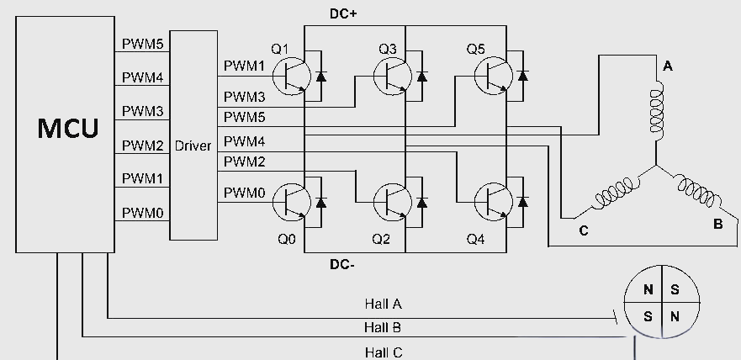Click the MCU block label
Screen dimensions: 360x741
(x=67, y=129)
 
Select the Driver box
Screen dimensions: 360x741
(x=193, y=145)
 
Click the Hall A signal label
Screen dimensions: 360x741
(x=383, y=303)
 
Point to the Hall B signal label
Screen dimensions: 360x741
(x=383, y=327)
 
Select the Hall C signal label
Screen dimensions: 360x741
(x=383, y=352)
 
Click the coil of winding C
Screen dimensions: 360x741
(x=612, y=194)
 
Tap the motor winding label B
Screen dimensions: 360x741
(x=717, y=225)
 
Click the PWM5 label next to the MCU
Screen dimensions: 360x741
(x=142, y=44)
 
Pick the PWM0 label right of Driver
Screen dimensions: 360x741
(x=245, y=193)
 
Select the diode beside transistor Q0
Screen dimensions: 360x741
(x=320, y=203)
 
